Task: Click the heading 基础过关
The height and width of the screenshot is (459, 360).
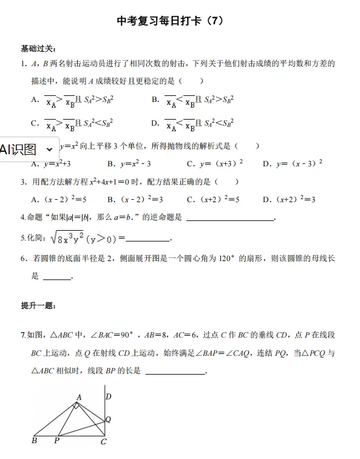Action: pos(39,48)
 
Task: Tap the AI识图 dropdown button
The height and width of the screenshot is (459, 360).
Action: pos(29,149)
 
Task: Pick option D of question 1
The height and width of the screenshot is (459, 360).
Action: pos(192,123)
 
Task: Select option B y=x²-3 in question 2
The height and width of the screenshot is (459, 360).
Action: pos(129,164)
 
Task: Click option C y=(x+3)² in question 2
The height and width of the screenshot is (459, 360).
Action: pos(215,164)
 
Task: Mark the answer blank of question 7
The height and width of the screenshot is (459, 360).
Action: pos(175,372)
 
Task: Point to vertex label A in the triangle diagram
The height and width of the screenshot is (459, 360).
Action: pos(78,397)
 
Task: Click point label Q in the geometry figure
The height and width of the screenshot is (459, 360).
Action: pos(108,419)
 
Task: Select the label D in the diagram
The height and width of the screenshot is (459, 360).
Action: pos(108,397)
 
